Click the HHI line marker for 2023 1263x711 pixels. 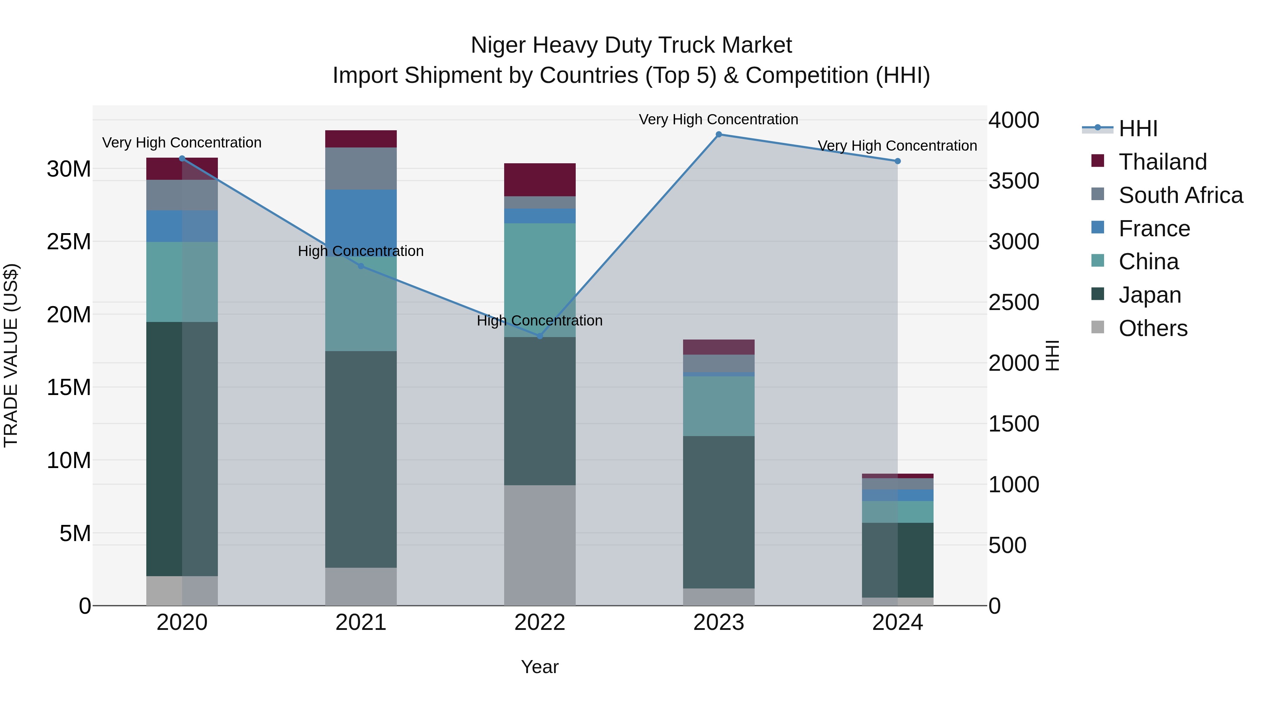pos(719,134)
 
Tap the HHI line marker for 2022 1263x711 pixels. pos(540,336)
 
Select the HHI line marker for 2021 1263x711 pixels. pos(361,266)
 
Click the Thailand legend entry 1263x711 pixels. pos(1163,162)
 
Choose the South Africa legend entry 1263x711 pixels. pos(1181,195)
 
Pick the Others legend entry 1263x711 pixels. pos(1153,328)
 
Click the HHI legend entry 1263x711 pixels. pos(1138,129)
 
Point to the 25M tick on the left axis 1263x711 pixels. pos(69,242)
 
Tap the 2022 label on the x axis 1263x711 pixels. pos(540,623)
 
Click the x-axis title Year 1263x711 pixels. pos(540,667)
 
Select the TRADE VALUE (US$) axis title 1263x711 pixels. pos(11,355)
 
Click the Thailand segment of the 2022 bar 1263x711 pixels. pos(540,179)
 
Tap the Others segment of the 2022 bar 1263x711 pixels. pos(540,545)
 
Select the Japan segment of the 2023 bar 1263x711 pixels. pos(719,512)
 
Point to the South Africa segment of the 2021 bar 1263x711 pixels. pos(361,168)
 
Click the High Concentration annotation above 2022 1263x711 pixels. pos(540,321)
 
